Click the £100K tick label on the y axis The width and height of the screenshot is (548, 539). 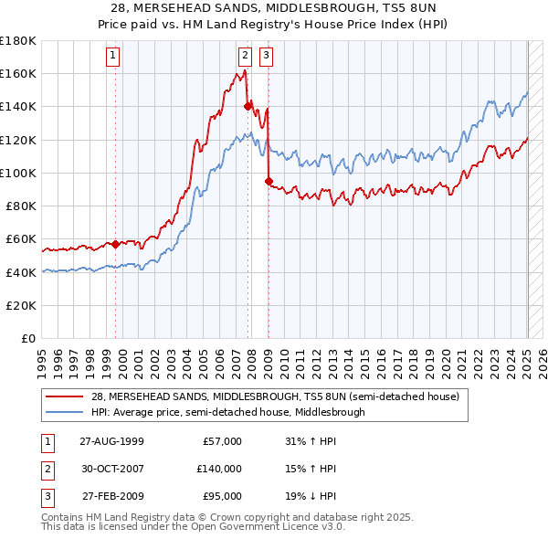point(18,173)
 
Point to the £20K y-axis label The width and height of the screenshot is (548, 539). point(21,305)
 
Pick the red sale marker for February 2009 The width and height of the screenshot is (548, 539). point(269,181)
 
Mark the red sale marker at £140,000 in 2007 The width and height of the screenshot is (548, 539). point(248,106)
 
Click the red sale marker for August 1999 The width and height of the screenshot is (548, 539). point(116,244)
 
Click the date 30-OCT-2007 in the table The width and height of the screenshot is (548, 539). point(113,469)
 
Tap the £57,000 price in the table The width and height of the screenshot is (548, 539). point(222,441)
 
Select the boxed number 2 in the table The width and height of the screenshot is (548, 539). point(47,469)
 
